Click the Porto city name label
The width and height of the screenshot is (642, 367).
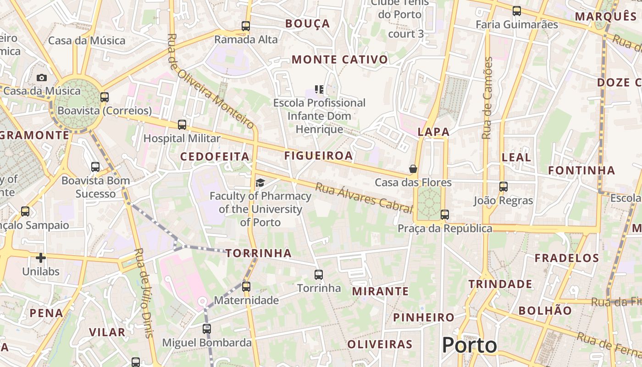point(470,345)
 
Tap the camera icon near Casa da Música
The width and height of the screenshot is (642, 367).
point(42,78)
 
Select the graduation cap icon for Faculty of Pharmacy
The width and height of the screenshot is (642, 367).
point(260,183)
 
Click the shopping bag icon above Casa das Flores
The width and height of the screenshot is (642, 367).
point(413,169)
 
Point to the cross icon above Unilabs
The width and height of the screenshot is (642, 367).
point(41,258)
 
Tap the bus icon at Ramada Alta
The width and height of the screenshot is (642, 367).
point(246,26)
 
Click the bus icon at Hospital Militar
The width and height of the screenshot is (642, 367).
point(182,125)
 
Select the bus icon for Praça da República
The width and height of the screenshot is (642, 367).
point(444,214)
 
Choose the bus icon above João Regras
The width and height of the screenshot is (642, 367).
point(504,187)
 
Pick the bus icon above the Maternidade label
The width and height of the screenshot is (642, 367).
point(246,287)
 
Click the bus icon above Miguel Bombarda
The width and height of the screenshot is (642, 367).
point(207,329)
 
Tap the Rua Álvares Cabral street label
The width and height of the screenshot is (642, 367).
point(364,197)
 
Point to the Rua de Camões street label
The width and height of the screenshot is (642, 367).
point(487,98)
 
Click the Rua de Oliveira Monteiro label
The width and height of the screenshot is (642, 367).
point(210,81)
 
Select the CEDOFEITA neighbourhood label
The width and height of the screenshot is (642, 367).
point(215,156)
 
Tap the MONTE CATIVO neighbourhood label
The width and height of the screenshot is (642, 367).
point(340,60)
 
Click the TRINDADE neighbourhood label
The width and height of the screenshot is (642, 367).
point(500,284)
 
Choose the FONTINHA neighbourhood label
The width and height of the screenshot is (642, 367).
point(581,171)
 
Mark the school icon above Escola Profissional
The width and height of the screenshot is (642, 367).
point(319,89)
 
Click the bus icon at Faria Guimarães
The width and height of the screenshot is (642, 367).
point(517,11)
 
